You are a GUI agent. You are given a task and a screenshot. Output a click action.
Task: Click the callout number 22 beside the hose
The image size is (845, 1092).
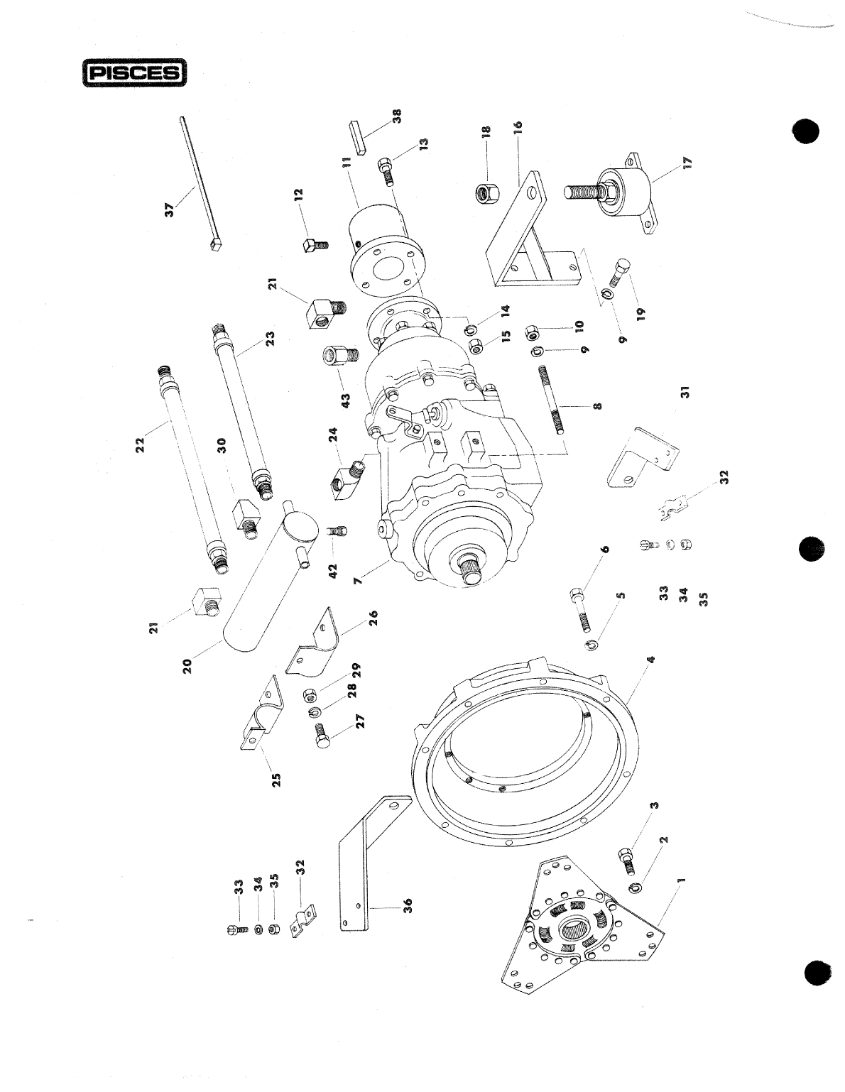click(x=140, y=444)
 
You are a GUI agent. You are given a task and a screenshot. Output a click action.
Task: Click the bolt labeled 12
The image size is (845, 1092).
click(x=314, y=246)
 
